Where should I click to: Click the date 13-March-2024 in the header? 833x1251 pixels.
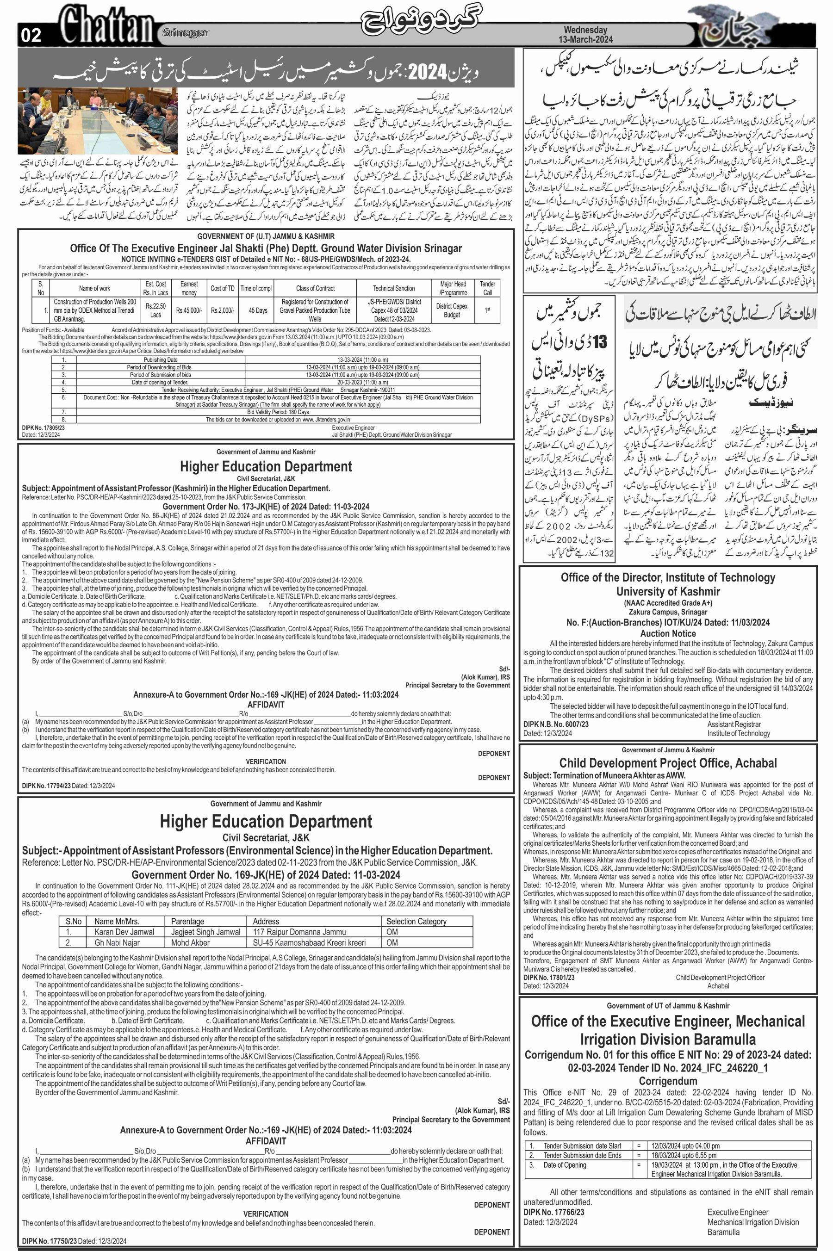tap(585, 39)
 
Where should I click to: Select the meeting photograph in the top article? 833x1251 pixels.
tap(97, 121)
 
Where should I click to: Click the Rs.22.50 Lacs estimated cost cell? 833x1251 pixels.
tap(155, 310)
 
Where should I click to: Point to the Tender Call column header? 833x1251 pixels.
tap(487, 288)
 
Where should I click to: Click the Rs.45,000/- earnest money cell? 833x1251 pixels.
tap(189, 310)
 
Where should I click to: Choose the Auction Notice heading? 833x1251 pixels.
tap(668, 633)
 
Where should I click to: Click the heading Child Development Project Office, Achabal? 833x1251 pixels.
tap(668, 763)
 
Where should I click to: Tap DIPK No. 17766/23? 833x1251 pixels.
tap(553, 1212)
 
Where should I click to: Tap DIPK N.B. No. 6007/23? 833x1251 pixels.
tap(556, 724)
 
